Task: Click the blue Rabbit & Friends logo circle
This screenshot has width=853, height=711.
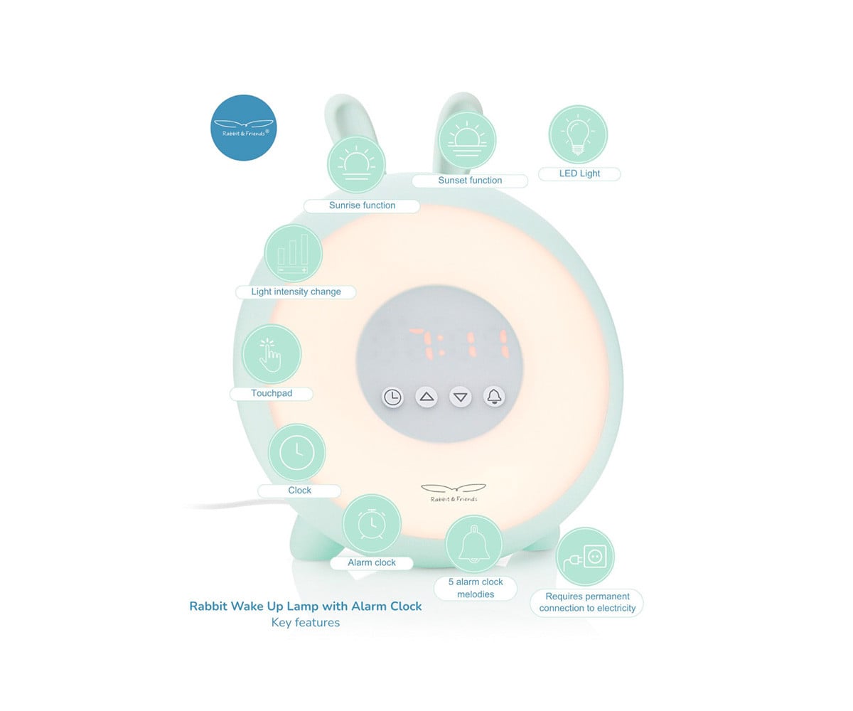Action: [244, 127]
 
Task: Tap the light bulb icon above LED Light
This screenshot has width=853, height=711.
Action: [578, 134]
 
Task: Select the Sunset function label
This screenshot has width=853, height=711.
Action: [470, 181]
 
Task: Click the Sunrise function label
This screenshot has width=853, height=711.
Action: [362, 205]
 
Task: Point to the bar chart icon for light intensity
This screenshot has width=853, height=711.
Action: [293, 253]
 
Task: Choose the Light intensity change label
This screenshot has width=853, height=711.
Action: [296, 292]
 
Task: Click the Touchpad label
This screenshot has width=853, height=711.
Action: [272, 393]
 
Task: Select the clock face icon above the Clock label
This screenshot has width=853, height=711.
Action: [297, 453]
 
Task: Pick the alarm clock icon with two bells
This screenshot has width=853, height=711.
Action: [371, 523]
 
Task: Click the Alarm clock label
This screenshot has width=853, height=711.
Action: [371, 562]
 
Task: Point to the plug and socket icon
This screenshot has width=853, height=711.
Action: [585, 557]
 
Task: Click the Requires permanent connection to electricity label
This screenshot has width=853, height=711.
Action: [587, 602]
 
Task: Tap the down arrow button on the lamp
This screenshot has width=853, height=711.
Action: [461, 397]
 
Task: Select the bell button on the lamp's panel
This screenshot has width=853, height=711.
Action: [494, 396]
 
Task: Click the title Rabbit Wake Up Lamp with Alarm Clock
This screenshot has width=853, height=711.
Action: [306, 606]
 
